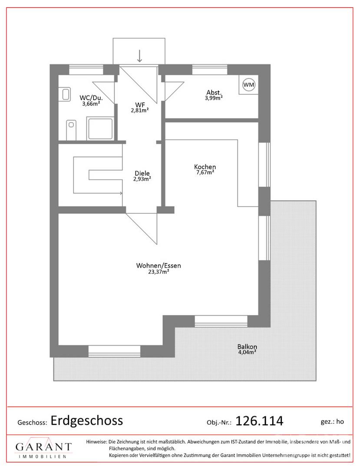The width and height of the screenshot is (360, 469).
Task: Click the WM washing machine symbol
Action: pyautogui.click(x=249, y=85)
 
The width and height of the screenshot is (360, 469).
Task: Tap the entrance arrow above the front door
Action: pyautogui.click(x=139, y=56)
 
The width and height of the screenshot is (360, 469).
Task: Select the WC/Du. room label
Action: pyautogui.click(x=91, y=98)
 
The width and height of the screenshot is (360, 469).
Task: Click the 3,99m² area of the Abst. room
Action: pyautogui.click(x=214, y=98)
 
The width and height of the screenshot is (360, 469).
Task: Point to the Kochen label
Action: pyautogui.click(x=205, y=167)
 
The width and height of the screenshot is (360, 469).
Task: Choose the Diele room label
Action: pyautogui.click(x=142, y=173)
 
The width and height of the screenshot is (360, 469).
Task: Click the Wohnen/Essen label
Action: pyautogui.click(x=159, y=265)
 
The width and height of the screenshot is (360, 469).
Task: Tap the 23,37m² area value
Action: pyautogui.click(x=159, y=271)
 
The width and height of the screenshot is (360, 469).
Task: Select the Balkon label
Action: pyautogui.click(x=247, y=347)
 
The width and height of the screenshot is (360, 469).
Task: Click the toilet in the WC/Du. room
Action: pyautogui.click(x=70, y=129)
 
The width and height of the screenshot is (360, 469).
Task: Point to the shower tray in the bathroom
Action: pyautogui.click(x=100, y=128)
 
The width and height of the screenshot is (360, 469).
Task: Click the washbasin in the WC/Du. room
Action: pyautogui.click(x=66, y=94)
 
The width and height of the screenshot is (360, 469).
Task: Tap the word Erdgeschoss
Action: pyautogui.click(x=87, y=420)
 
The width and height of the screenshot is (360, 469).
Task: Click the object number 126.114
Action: pyautogui.click(x=259, y=421)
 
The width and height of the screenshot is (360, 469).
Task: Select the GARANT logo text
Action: pyautogui.click(x=44, y=447)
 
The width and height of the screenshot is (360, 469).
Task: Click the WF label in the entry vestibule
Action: pyautogui.click(x=140, y=105)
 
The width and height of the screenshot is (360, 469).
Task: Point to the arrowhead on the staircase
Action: pyautogui.click(x=121, y=193)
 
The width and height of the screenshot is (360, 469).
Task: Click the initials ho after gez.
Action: pyautogui.click(x=340, y=422)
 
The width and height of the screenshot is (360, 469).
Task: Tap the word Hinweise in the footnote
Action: pyautogui.click(x=96, y=442)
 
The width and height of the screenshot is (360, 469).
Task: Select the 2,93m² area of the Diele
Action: pyautogui.click(x=142, y=179)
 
